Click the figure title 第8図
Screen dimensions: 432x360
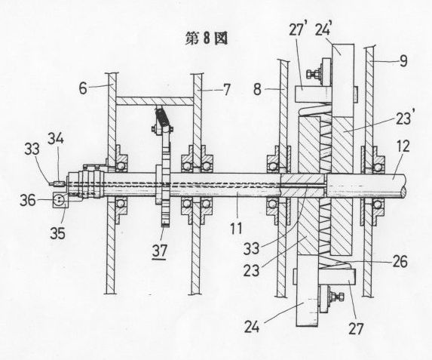(207, 38)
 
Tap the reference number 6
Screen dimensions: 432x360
(83, 88)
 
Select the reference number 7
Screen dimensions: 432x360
(226, 90)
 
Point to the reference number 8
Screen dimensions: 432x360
(257, 89)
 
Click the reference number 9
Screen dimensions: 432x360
(403, 60)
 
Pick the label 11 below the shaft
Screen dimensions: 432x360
(236, 228)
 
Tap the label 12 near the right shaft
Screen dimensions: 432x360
(403, 146)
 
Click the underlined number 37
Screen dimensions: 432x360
(160, 251)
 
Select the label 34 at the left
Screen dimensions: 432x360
(56, 138)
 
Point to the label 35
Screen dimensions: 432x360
(57, 233)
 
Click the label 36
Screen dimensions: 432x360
(28, 200)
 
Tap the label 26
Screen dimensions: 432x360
(400, 261)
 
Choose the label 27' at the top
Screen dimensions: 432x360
(298, 29)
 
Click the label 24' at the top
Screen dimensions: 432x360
(323, 29)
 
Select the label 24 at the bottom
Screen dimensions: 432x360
(252, 328)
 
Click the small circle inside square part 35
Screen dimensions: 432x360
(60, 200)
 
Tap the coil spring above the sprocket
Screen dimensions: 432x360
(162, 117)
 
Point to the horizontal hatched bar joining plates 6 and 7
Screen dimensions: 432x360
(155, 100)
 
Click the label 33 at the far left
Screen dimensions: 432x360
(32, 149)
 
